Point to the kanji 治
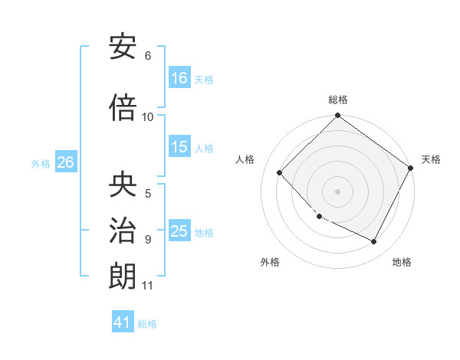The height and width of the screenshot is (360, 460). click(x=123, y=230)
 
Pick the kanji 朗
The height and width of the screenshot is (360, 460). click(x=123, y=276)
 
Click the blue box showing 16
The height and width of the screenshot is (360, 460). click(x=179, y=77)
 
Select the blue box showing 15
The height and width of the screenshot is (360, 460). click(x=179, y=147)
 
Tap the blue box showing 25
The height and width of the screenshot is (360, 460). click(x=179, y=231)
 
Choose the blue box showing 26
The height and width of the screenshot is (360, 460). click(x=65, y=162)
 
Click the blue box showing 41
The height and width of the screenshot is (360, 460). click(x=123, y=322)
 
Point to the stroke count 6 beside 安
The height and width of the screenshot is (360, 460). click(x=148, y=56)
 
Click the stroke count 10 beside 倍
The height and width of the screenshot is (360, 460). click(x=148, y=116)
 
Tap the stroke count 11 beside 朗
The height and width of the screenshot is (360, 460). click(x=148, y=286)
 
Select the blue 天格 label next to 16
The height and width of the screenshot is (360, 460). click(x=204, y=79)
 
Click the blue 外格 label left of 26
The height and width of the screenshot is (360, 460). click(x=41, y=163)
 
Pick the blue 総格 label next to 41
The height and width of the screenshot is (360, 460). click(x=147, y=324)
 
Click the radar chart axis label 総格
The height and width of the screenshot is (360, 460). click(x=338, y=100)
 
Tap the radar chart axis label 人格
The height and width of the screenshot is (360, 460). click(x=245, y=159)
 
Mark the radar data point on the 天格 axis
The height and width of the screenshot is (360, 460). click(x=411, y=169)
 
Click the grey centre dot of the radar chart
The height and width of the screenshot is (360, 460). click(x=337, y=191)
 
